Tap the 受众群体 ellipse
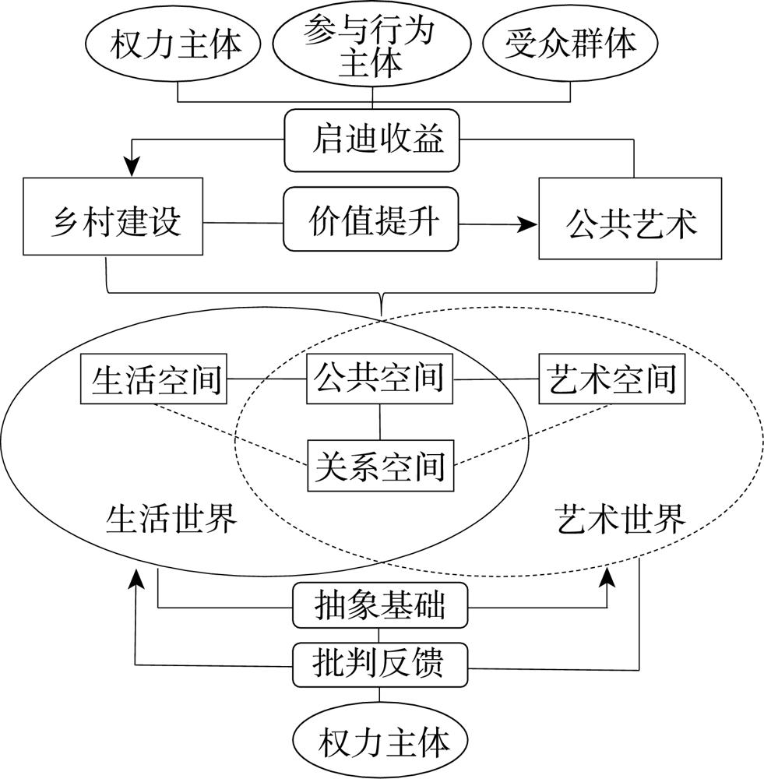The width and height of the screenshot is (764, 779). [571, 44]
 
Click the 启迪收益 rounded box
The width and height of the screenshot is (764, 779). [371, 141]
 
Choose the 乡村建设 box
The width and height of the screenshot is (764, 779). [113, 217]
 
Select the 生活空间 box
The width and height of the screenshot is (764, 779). [154, 381]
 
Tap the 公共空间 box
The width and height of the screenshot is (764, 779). [379, 379]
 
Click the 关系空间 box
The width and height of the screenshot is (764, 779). [380, 465]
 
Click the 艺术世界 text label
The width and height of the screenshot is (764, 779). [621, 517]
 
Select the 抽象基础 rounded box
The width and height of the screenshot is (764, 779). [380, 605]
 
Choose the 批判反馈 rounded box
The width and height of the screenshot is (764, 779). [380, 664]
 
